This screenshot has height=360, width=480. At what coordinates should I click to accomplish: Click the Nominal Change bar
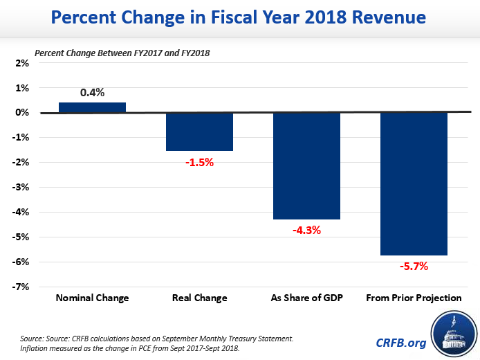[92, 107]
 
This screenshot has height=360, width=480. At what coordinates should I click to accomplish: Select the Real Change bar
[199, 132]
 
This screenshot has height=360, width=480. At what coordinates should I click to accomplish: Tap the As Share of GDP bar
[307, 165]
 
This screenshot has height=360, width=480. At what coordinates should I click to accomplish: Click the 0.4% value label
[92, 93]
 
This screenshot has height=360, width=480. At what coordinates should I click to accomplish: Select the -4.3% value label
[307, 230]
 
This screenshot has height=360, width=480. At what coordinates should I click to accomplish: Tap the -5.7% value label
[414, 266]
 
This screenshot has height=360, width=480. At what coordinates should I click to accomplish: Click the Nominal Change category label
[92, 298]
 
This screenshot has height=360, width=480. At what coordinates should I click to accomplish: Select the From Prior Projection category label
[414, 298]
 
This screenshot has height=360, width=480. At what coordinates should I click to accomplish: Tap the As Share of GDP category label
[307, 298]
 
